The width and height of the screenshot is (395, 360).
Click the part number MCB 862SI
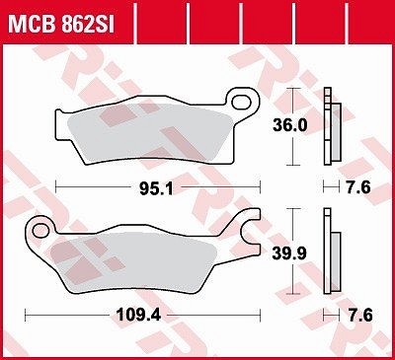61,23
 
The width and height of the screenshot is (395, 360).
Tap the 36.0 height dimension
290,125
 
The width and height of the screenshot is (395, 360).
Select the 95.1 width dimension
156,188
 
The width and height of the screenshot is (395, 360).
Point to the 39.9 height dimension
289,253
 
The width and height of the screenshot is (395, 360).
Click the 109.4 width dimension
139,316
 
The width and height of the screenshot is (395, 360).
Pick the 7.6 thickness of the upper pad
358,187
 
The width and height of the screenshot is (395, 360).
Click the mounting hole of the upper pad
241,102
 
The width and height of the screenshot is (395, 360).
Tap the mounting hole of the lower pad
41,231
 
